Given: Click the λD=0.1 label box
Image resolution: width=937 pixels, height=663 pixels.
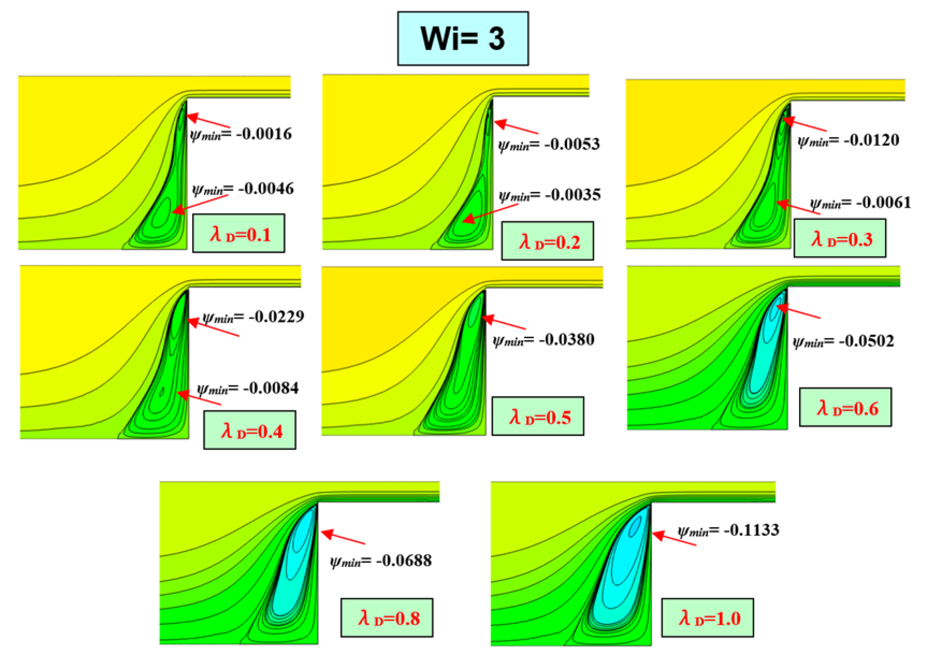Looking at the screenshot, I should click(239, 234).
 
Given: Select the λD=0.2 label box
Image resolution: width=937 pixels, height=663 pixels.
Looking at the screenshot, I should click(548, 241).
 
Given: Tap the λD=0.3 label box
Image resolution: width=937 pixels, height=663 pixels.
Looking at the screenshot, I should click(840, 238).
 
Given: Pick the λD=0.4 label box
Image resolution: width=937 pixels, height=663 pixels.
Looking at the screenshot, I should click(250, 430).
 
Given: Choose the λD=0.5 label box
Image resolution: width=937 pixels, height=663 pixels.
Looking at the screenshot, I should click(538, 416).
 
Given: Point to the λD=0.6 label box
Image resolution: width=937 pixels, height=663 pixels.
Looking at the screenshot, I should click(846, 407).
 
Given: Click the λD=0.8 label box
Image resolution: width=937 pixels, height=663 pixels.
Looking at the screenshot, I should click(387, 618).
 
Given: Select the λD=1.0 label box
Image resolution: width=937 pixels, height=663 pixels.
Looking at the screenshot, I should click(708, 618).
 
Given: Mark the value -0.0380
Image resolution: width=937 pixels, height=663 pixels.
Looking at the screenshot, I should click(566, 339).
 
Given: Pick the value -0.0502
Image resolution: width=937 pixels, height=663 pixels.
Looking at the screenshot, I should click(866, 341).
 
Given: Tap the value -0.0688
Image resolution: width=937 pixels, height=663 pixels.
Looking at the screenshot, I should click(404, 561).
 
